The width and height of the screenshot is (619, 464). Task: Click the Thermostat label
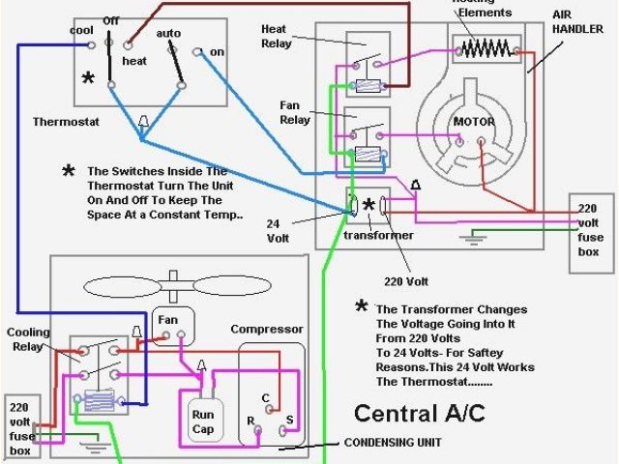click(63, 123)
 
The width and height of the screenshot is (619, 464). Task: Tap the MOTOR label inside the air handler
click(474, 123)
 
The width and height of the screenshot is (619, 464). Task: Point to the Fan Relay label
click(295, 112)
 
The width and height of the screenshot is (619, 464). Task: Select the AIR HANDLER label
click(577, 24)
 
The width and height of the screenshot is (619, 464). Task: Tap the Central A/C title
click(419, 413)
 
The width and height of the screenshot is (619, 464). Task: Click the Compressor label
click(266, 330)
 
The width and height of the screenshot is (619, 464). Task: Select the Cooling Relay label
click(28, 339)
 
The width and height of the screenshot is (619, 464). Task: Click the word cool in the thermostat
click(80, 30)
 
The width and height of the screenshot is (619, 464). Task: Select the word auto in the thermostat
click(169, 33)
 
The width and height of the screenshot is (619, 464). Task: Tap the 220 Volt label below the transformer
click(406, 282)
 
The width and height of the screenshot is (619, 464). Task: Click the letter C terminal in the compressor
click(266, 396)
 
